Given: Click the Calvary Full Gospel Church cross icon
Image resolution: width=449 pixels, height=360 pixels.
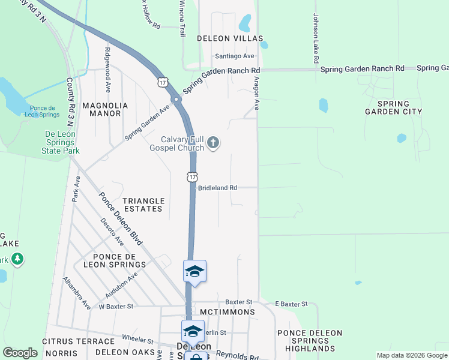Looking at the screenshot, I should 214,143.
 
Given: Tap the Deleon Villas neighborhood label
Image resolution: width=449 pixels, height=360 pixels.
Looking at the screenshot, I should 230,38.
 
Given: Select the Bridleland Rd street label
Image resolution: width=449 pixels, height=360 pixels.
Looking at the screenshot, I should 217,188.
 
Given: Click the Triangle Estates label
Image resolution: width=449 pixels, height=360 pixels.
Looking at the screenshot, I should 143,205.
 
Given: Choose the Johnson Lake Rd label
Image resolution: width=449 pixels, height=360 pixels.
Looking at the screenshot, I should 315,40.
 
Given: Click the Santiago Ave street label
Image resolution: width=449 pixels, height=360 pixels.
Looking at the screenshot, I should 235,56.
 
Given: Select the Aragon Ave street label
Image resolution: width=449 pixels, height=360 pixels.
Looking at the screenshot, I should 256,92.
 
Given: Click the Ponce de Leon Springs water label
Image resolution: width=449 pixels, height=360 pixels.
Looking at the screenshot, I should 44,111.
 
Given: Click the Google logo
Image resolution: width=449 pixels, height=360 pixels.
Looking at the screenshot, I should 20,353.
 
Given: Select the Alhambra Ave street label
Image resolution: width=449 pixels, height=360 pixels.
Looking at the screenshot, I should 77,293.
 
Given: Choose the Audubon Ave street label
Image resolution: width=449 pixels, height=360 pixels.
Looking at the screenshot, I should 121,284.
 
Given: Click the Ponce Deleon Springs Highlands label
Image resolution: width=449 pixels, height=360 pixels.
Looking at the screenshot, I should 310,341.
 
